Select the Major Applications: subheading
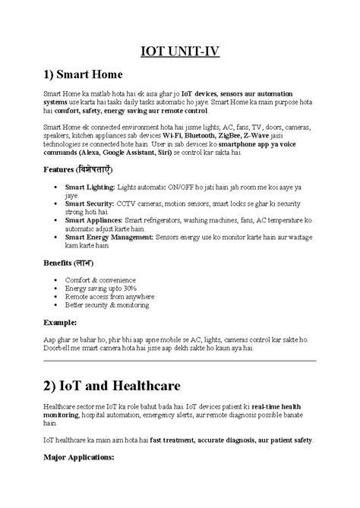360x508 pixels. coord(79,459)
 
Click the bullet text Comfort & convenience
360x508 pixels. coord(98,280)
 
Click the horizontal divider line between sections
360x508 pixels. coord(179,361)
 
